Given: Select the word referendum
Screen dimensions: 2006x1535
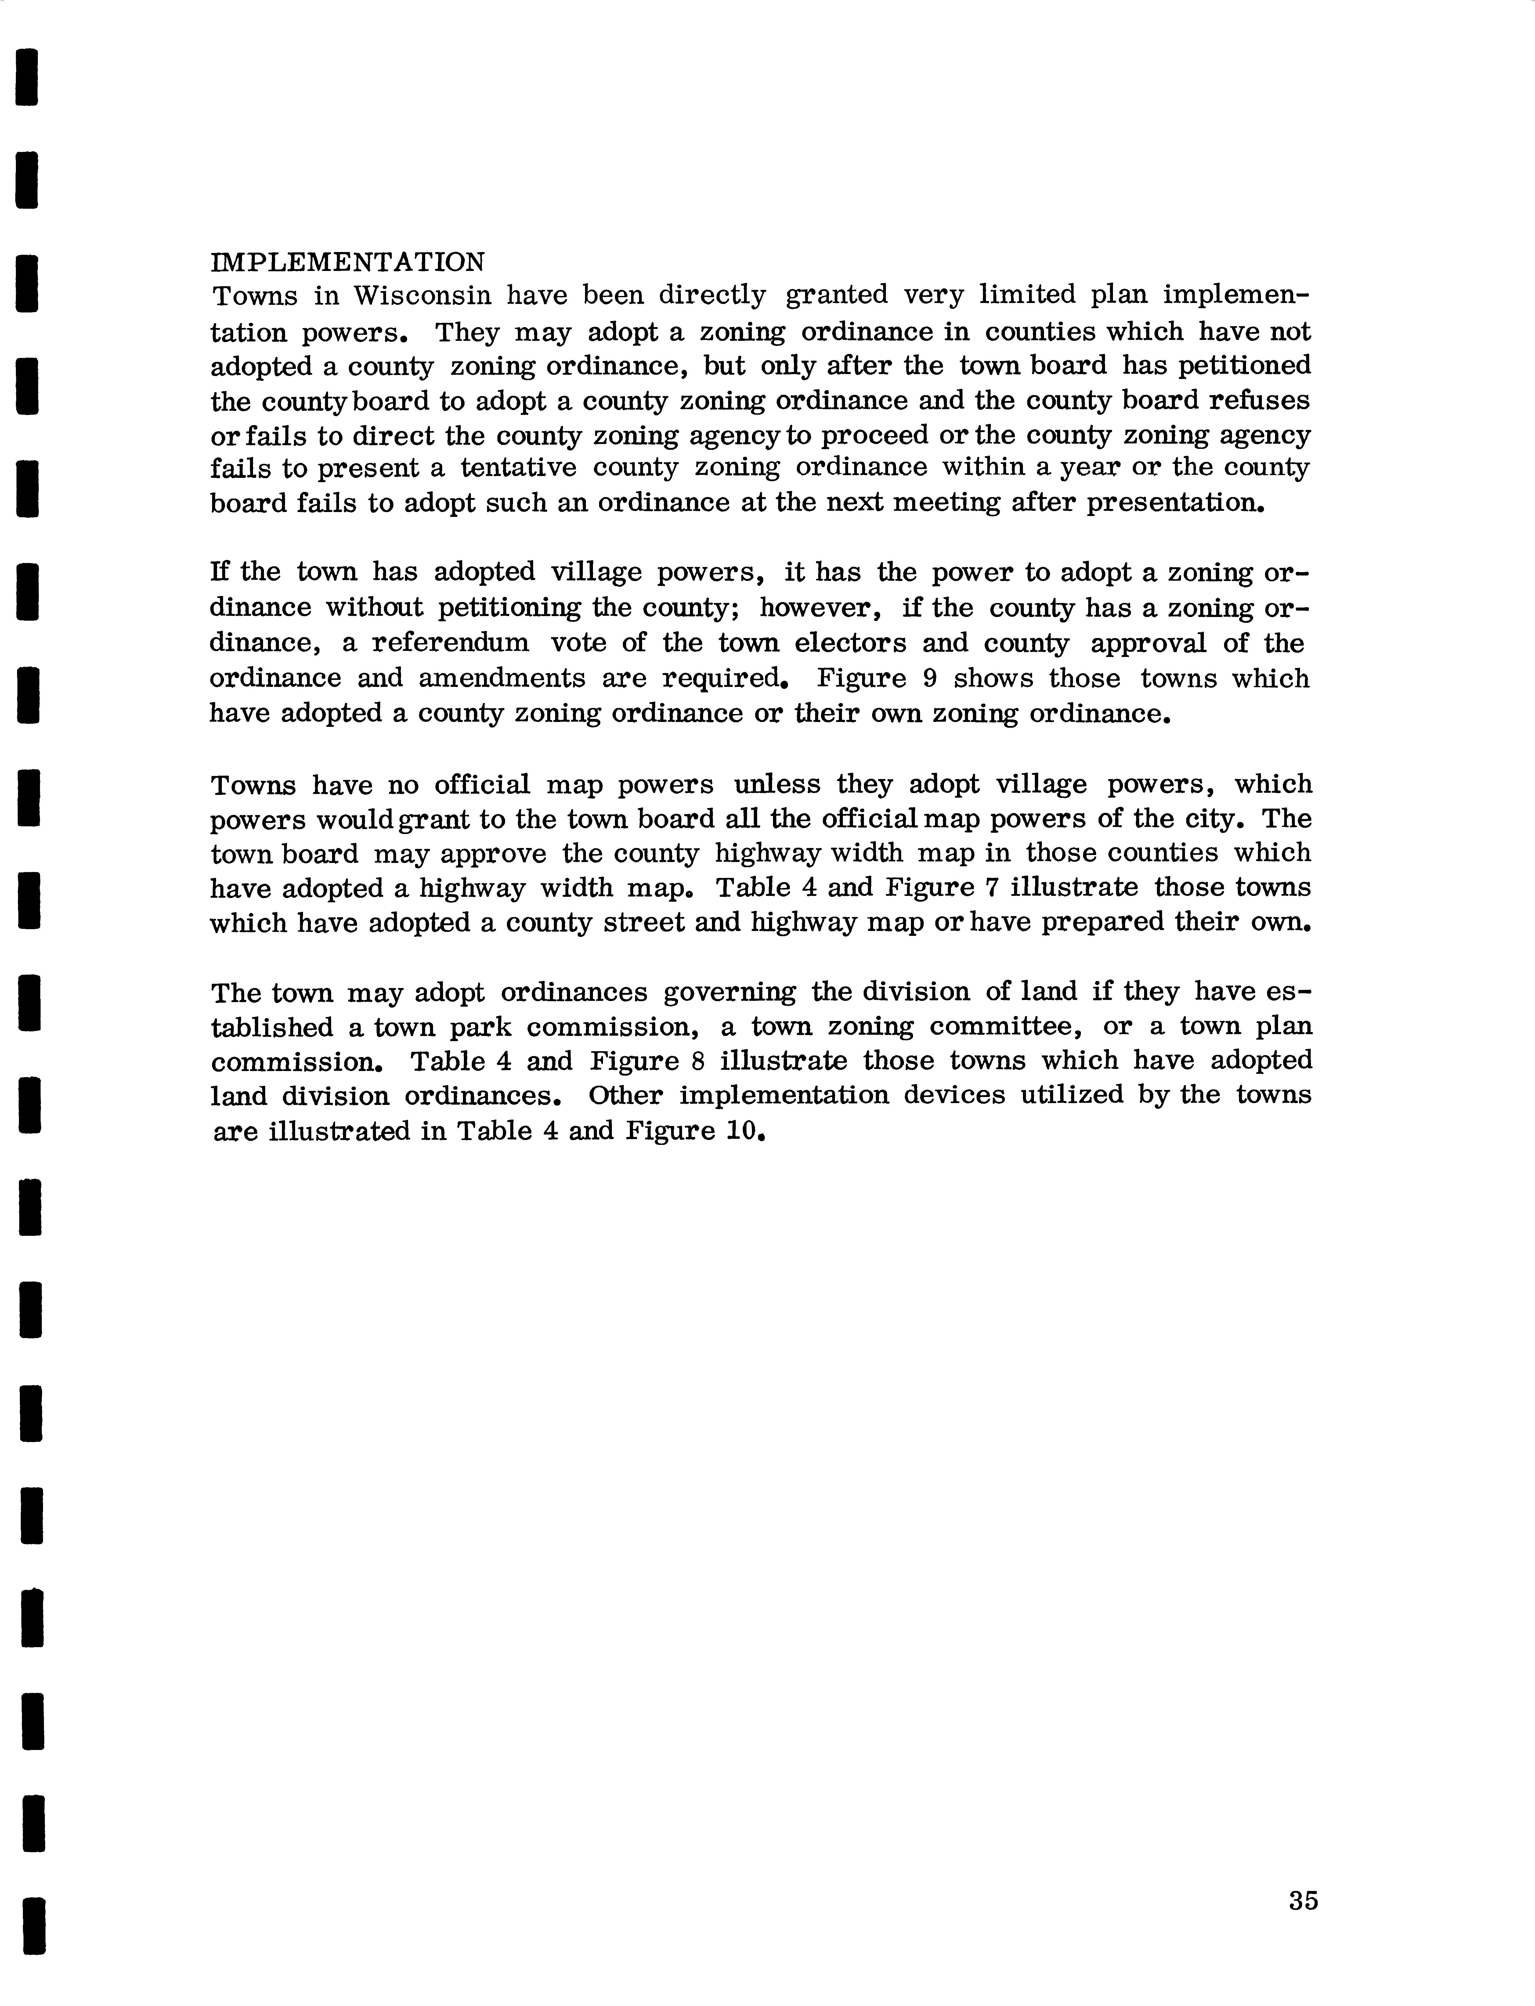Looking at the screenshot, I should click(x=450, y=643).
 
